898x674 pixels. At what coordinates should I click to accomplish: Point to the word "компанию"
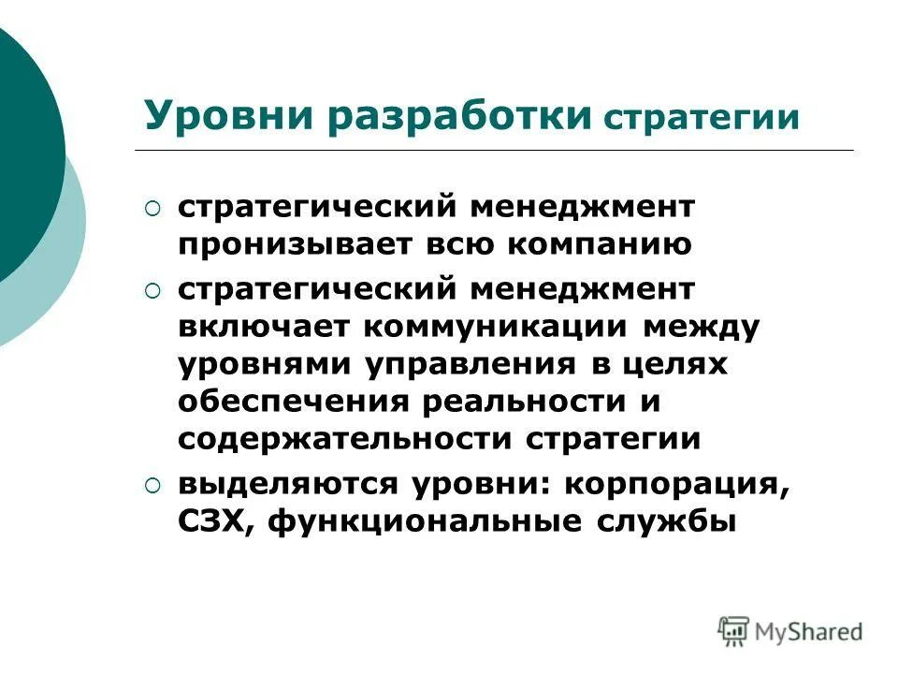click(x=601, y=245)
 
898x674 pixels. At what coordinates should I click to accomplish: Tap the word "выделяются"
click(x=283, y=485)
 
